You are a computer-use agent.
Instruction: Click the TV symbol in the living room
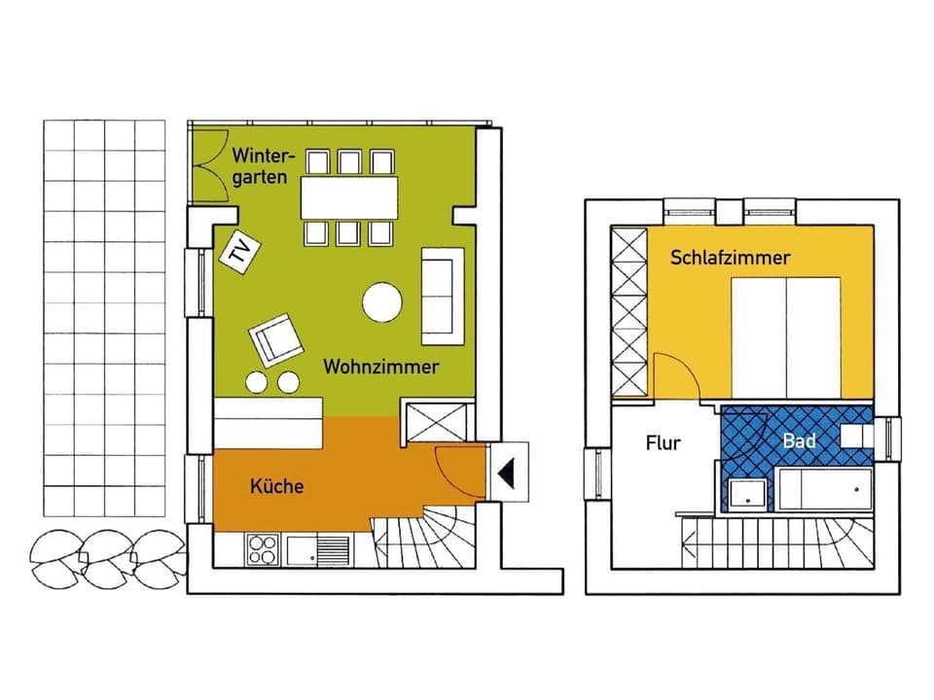[236, 252]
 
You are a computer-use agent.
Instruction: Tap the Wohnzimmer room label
[381, 367]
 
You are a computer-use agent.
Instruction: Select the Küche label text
[276, 486]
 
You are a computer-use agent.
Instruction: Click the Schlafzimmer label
[730, 258]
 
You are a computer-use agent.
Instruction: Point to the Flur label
[664, 443]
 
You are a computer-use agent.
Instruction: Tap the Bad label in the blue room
[800, 440]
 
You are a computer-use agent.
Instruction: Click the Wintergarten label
[260, 165]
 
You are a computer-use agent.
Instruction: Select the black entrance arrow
[507, 473]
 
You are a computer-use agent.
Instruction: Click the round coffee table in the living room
[382, 302]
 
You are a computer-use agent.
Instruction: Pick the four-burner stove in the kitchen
[261, 550]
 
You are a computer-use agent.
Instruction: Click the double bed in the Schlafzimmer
[786, 336]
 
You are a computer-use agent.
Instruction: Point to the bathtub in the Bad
[824, 488]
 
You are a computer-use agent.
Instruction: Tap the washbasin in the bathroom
[747, 493]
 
